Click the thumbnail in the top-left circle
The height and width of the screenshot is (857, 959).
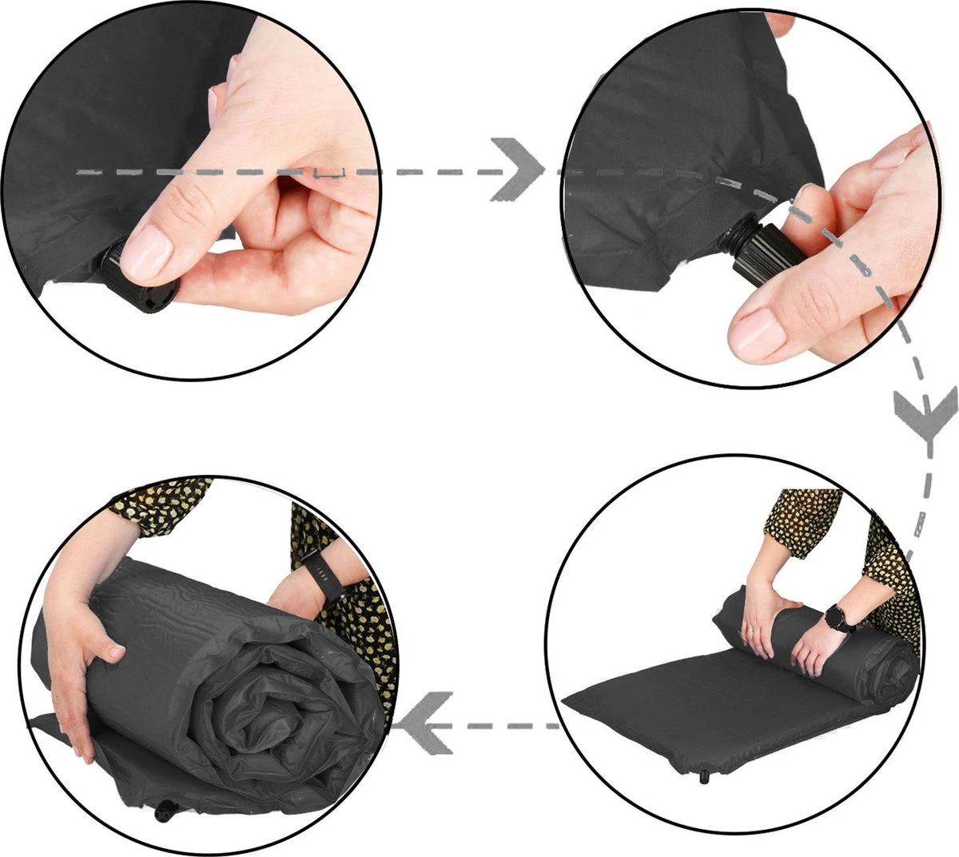pyautogui.click(x=149, y=249)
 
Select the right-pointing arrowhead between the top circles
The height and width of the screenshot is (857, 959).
pyautogui.click(x=516, y=169)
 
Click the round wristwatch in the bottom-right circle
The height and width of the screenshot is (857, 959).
pyautogui.click(x=839, y=616)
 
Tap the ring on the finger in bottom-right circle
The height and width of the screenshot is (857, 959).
pyautogui.click(x=752, y=632)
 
